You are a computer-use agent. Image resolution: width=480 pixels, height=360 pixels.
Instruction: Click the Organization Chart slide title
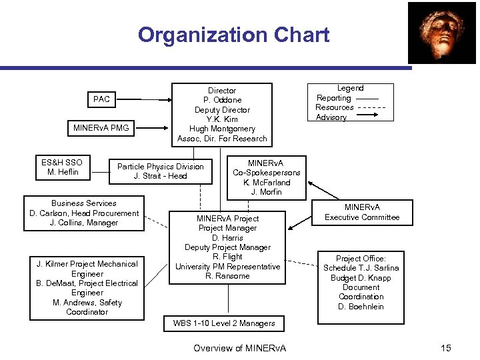coord(233,35)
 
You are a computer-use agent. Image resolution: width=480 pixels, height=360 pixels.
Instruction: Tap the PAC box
coord(102,99)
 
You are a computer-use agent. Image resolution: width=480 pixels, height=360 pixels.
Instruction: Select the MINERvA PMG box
coord(102,127)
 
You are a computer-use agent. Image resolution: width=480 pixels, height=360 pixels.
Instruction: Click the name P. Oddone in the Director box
coord(222,100)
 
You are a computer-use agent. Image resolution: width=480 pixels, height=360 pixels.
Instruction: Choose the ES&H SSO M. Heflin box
coord(61,167)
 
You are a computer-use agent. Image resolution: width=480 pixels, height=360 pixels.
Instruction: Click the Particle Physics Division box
coord(160,171)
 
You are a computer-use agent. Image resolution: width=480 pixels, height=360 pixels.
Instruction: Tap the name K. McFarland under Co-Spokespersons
coord(266,183)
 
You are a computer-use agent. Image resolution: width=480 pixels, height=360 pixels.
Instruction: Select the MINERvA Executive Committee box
coord(362,212)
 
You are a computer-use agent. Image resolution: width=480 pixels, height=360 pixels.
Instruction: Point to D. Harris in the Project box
coord(227,238)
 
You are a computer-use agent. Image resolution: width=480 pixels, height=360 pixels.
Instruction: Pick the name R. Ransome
coord(227,276)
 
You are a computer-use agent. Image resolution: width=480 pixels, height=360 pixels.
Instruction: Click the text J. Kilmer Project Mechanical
coord(87,264)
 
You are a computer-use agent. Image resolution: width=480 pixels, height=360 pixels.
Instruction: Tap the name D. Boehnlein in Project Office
coord(361,307)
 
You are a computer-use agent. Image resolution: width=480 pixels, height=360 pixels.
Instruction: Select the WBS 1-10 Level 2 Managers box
coord(224,323)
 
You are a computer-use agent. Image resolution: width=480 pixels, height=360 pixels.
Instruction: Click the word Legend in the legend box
coord(350,88)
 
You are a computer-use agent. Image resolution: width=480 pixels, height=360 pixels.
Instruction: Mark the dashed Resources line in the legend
coord(371,107)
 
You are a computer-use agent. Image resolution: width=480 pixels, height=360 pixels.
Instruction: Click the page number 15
coord(446,347)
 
